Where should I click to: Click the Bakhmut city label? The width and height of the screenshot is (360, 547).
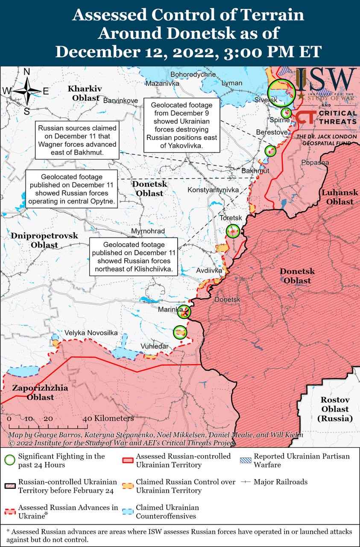[255, 171]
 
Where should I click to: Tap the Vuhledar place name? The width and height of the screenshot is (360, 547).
[155, 346]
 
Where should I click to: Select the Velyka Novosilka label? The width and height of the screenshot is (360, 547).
[91, 333]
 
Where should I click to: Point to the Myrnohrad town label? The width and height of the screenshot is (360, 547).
[148, 231]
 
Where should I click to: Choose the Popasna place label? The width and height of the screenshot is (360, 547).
[315, 162]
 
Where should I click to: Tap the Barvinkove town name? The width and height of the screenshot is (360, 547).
[121, 100]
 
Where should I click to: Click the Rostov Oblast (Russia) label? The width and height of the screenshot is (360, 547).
[335, 409]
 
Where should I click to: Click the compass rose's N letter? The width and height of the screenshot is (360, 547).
[26, 72]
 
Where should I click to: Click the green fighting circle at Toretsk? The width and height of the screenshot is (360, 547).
[233, 231]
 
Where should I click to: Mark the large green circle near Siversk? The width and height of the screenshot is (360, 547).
[281, 93]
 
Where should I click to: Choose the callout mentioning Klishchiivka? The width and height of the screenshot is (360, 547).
[134, 256]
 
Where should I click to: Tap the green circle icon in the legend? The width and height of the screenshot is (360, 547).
[9, 460]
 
